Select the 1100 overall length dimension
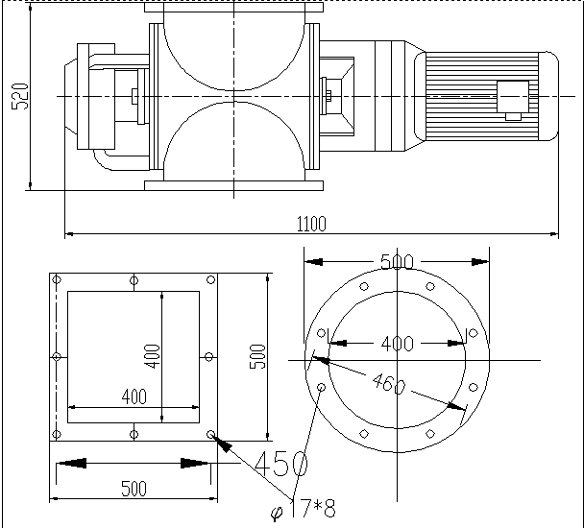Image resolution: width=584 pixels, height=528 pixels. (311, 224)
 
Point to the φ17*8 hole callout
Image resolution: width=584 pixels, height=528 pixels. (303, 508)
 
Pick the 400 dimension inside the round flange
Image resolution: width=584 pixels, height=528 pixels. (398, 343)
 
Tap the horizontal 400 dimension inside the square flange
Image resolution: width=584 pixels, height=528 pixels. (134, 396)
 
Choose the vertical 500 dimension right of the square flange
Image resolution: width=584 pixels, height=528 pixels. (256, 357)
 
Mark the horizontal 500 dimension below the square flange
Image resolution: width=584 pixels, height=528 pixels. (134, 489)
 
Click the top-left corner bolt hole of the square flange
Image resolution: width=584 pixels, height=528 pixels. (57, 280)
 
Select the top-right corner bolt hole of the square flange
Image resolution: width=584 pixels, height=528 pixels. (210, 280)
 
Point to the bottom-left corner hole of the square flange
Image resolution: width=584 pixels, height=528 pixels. (57, 434)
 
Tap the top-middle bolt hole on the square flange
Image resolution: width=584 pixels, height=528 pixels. (134, 280)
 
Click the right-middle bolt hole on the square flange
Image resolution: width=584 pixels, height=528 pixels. (210, 357)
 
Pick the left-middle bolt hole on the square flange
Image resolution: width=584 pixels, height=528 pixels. (57, 357)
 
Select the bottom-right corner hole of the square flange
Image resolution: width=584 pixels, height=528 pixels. (210, 434)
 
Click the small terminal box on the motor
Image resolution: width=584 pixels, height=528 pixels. (512, 98)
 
